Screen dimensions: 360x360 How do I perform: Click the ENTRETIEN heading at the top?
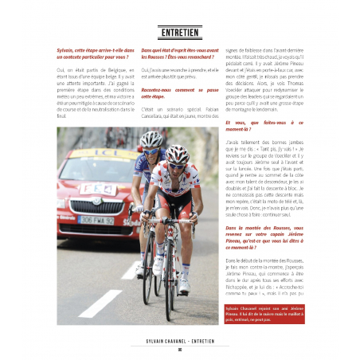tap(180, 33)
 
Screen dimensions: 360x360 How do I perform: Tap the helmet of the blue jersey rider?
tap(151, 138)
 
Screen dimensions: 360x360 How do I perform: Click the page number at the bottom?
tap(180, 349)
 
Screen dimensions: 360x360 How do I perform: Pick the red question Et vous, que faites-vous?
tap(263, 126)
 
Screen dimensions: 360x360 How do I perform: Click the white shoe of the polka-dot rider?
tap(185, 283)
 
